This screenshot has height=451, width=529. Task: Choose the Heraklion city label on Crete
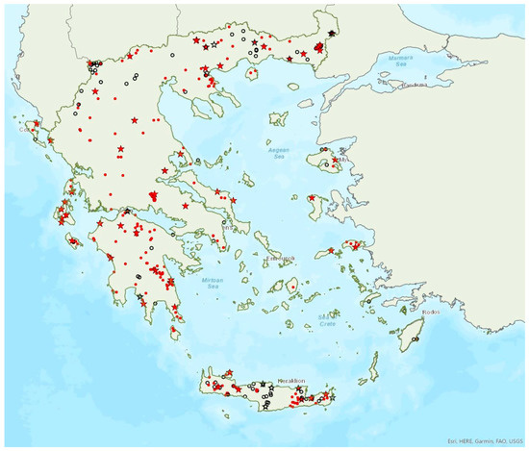pyautogui.click(x=290, y=382)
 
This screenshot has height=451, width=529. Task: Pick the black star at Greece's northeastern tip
pyautogui.click(x=332, y=34)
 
